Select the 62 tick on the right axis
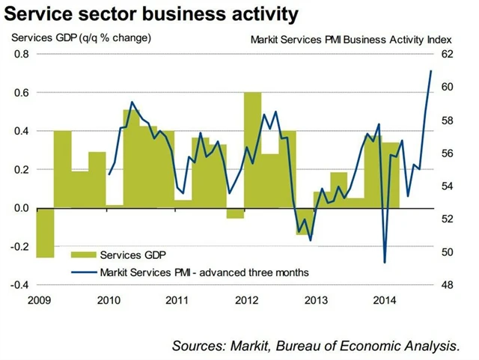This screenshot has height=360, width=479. pyautogui.click(x=448, y=54)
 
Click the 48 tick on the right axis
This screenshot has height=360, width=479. pyautogui.click(x=448, y=285)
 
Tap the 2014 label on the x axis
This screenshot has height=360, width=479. pyautogui.click(x=385, y=301)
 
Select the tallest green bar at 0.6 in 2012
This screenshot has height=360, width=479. pyautogui.click(x=253, y=150)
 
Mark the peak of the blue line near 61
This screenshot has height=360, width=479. pyautogui.click(x=431, y=71)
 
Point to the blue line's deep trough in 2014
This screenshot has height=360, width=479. pyautogui.click(x=385, y=261)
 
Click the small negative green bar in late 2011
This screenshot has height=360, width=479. pyautogui.click(x=235, y=213)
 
